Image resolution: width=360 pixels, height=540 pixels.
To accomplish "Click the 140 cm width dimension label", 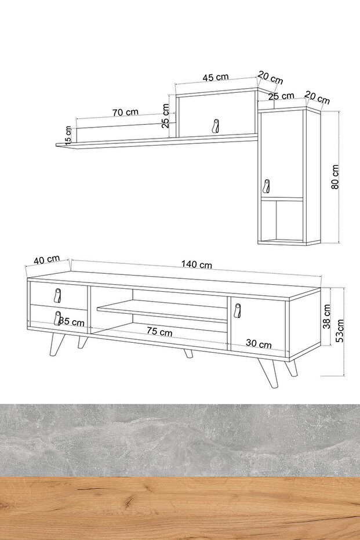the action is [x=197, y=264].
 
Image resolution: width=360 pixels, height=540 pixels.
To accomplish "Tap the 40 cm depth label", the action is [x=47, y=259].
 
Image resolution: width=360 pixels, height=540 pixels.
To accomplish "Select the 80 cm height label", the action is [x=335, y=177].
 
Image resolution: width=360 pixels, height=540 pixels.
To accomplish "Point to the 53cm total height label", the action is [x=340, y=330].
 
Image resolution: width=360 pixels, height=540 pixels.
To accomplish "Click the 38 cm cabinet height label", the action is [x=327, y=316].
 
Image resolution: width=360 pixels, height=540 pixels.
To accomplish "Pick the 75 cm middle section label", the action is [x=159, y=331].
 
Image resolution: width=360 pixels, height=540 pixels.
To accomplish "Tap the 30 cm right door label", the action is [x=259, y=344].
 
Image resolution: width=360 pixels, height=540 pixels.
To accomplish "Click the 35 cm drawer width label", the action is [x=71, y=322].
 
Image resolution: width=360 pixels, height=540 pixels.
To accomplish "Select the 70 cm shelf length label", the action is [x=125, y=112].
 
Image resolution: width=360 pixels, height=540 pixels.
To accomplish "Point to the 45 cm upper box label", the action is [x=216, y=77].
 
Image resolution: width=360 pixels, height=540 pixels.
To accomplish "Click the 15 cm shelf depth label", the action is [x=68, y=135].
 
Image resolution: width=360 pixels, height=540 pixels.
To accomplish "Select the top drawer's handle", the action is [x=57, y=295].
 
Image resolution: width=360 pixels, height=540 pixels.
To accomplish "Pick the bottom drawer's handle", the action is [x=57, y=318].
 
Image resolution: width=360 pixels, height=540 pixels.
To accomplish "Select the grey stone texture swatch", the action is [x=180, y=440].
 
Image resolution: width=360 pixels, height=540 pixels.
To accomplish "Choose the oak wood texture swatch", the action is [x=180, y=508].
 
